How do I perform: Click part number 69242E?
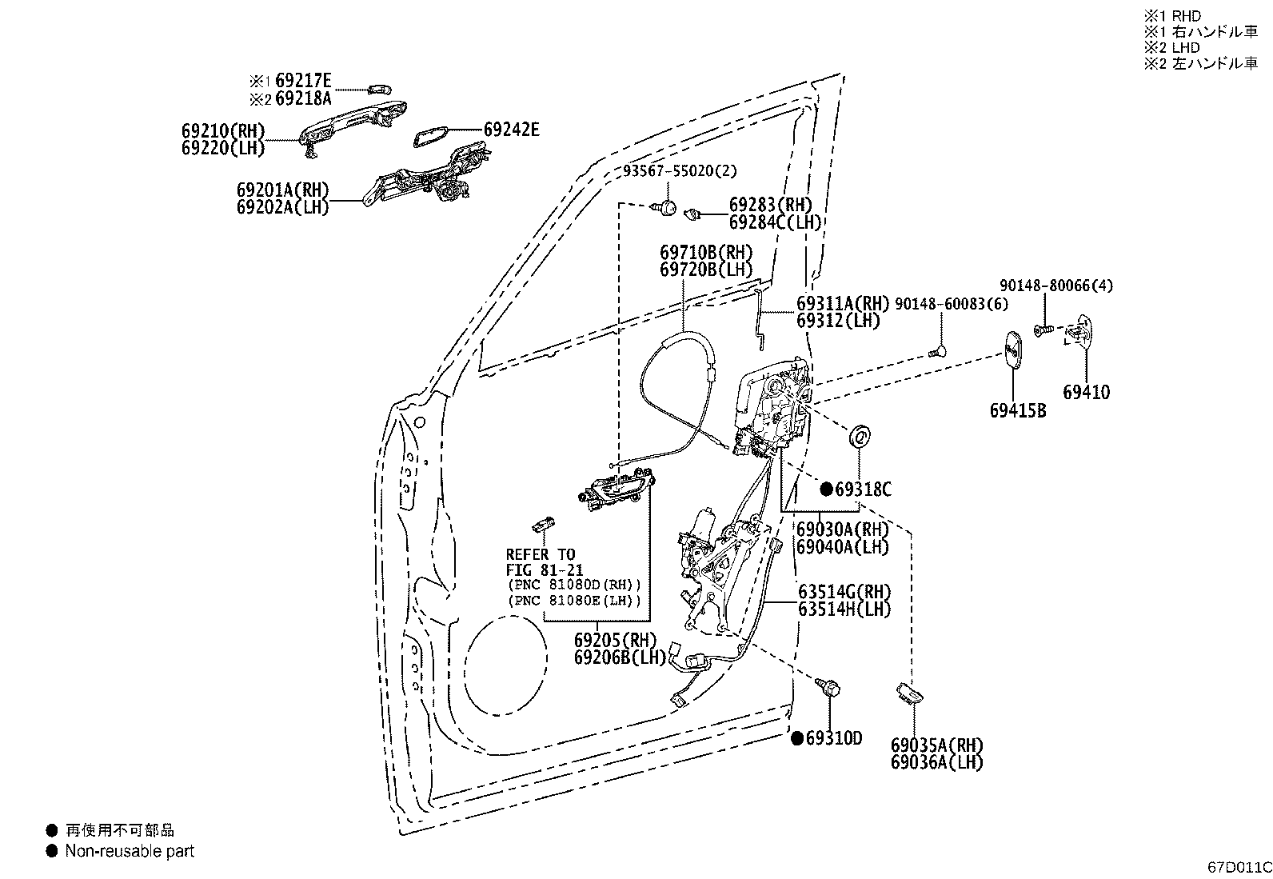(x=512, y=130)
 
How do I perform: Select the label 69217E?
(x=303, y=81)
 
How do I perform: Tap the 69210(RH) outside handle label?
(x=223, y=130)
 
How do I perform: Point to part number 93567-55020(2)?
(x=680, y=170)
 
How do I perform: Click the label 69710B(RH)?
(x=706, y=252)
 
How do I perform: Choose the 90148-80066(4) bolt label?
(x=1056, y=286)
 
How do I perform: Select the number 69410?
(x=1086, y=392)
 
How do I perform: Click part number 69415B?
(x=1018, y=410)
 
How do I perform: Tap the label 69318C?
(x=864, y=489)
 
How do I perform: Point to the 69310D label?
(x=834, y=738)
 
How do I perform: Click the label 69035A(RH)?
(x=936, y=745)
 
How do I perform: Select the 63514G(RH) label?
(x=844, y=592)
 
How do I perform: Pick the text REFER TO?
(x=541, y=554)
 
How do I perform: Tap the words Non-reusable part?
(x=130, y=850)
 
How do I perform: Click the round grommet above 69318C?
(x=860, y=437)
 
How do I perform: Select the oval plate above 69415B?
(x=1012, y=349)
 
